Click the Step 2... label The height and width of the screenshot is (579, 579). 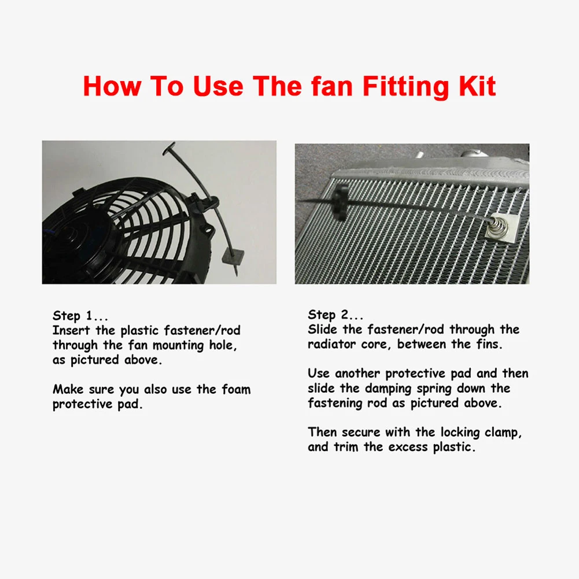335,315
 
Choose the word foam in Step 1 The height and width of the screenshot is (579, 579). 236,389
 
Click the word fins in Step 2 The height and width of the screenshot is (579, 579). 487,345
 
